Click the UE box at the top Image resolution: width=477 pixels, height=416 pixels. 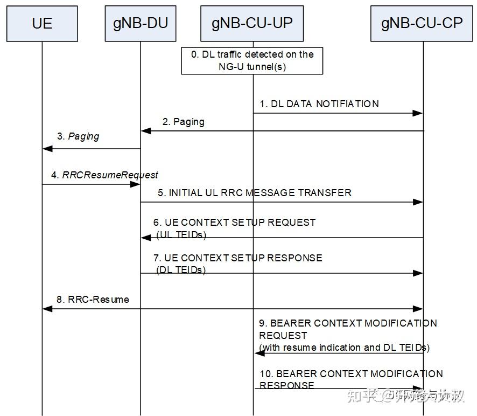coord(42,24)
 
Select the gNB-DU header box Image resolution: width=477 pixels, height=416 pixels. coord(140,24)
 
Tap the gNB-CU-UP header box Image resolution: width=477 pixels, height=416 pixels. coord(252,24)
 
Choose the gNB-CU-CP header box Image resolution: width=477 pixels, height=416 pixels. coord(422,24)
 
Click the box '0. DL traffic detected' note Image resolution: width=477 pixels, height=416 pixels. coord(252,60)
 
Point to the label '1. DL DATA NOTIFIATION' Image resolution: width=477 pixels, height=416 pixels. coord(319,104)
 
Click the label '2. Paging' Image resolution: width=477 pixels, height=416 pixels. coord(184,122)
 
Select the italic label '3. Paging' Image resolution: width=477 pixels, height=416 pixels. coord(78,136)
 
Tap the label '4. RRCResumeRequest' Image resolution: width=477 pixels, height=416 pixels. coord(104,175)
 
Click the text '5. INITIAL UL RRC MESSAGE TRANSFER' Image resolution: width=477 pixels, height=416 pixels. coord(254,192)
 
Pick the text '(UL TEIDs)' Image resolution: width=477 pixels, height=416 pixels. coord(181,234)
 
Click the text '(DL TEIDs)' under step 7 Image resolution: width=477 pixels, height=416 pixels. coord(181,270)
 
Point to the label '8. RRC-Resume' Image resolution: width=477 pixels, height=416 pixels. coord(93,299)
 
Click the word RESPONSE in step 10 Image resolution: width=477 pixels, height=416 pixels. coord(287,385)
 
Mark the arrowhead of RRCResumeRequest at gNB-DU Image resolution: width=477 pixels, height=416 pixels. coord(135,184)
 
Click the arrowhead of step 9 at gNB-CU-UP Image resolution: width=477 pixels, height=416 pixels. coord(259,353)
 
